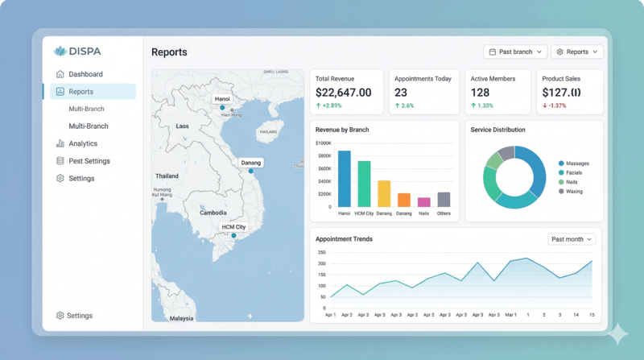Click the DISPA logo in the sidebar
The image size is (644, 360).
click(x=78, y=51)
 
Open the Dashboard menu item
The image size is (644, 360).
click(x=85, y=74)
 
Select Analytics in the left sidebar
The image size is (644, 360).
click(x=83, y=143)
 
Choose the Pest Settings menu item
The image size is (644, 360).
click(x=89, y=161)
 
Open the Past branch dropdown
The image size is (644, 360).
click(x=515, y=52)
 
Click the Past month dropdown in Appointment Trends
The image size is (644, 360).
click(x=572, y=239)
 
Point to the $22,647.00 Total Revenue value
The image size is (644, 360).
click(x=344, y=93)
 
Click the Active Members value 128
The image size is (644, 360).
click(x=481, y=93)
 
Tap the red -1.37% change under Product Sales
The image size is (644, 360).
click(x=555, y=106)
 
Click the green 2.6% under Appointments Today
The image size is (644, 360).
click(x=404, y=106)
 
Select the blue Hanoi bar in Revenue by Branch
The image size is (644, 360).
click(x=345, y=179)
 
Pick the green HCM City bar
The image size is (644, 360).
click(x=364, y=184)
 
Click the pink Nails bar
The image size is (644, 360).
click(x=423, y=201)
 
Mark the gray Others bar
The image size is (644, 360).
click(x=444, y=199)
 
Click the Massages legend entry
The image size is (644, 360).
click(x=577, y=163)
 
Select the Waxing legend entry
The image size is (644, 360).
click(x=574, y=191)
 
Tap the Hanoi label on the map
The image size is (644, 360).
click(x=222, y=98)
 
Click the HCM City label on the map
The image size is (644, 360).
click(x=233, y=227)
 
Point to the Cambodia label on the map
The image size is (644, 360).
click(x=213, y=213)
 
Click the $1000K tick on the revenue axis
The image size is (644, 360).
click(x=321, y=143)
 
